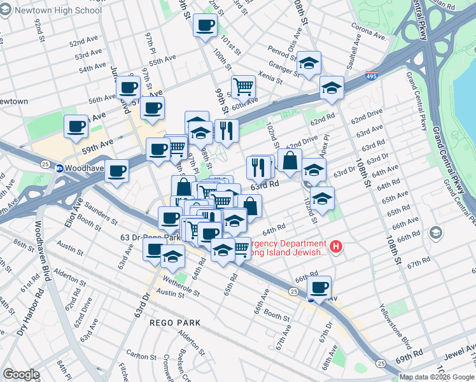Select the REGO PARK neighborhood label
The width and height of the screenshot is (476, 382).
click(175, 323)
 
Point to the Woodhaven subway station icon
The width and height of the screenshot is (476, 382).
click(59, 169)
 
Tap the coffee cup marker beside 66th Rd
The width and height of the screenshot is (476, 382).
click(319, 287)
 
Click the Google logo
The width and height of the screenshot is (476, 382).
click(21, 374)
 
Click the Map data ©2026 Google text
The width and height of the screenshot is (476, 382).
click(436, 377)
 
